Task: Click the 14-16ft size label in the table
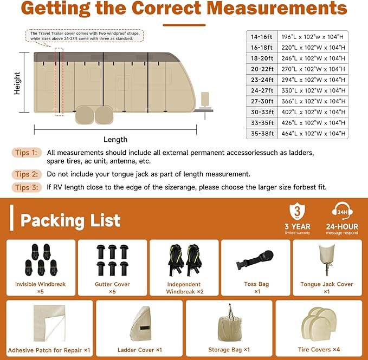[x=262, y=36]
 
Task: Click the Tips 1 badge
[x=27, y=153]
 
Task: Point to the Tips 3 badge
[x=27, y=187]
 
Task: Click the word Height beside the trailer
[x=17, y=84]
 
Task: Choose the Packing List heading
[x=70, y=220]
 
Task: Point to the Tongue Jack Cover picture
[x=326, y=260]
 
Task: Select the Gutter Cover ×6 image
[x=113, y=259]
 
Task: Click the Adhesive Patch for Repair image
[x=49, y=323]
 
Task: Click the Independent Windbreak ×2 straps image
[x=184, y=260]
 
